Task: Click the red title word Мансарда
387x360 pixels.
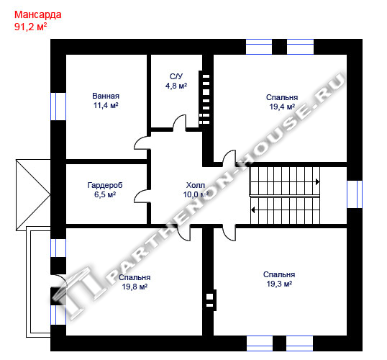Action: pos(37,15)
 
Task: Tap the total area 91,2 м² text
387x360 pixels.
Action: pos(30,27)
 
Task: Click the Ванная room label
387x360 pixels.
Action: pos(106,96)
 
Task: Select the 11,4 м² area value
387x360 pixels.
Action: pos(106,105)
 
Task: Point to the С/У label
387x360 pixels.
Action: pos(176,76)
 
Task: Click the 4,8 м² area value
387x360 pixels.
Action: pos(176,86)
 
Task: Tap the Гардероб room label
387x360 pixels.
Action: pos(105,185)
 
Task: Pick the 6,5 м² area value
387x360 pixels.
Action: pos(105,194)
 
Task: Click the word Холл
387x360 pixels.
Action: pos(195,185)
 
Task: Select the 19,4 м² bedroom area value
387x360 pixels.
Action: pos(282,107)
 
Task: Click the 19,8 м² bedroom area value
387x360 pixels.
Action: pos(135,287)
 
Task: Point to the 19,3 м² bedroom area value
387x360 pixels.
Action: pos(279,284)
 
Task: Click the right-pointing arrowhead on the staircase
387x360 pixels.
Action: pos(317,182)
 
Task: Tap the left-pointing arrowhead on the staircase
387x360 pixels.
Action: pos(252,210)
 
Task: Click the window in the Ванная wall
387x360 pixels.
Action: pos(58,107)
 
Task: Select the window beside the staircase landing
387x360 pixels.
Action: pos(355,194)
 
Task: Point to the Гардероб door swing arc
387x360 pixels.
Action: pos(141,195)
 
